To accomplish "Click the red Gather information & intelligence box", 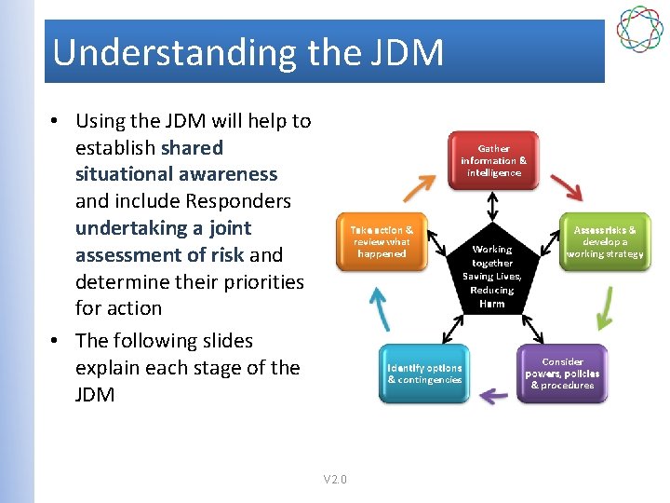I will click(493, 161).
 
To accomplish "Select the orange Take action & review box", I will click(382, 240).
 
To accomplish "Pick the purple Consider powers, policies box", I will click(561, 374).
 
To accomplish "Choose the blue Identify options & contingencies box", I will click(424, 374).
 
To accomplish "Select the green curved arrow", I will click(605, 307).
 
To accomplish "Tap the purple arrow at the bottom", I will click(493, 395).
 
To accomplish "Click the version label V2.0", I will click(335, 479).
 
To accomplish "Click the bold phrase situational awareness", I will click(176, 174).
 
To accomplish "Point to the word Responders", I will click(238, 201).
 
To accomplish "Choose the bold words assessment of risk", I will click(159, 254).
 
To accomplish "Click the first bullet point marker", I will click(57, 121).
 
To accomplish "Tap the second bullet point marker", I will click(57, 341).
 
